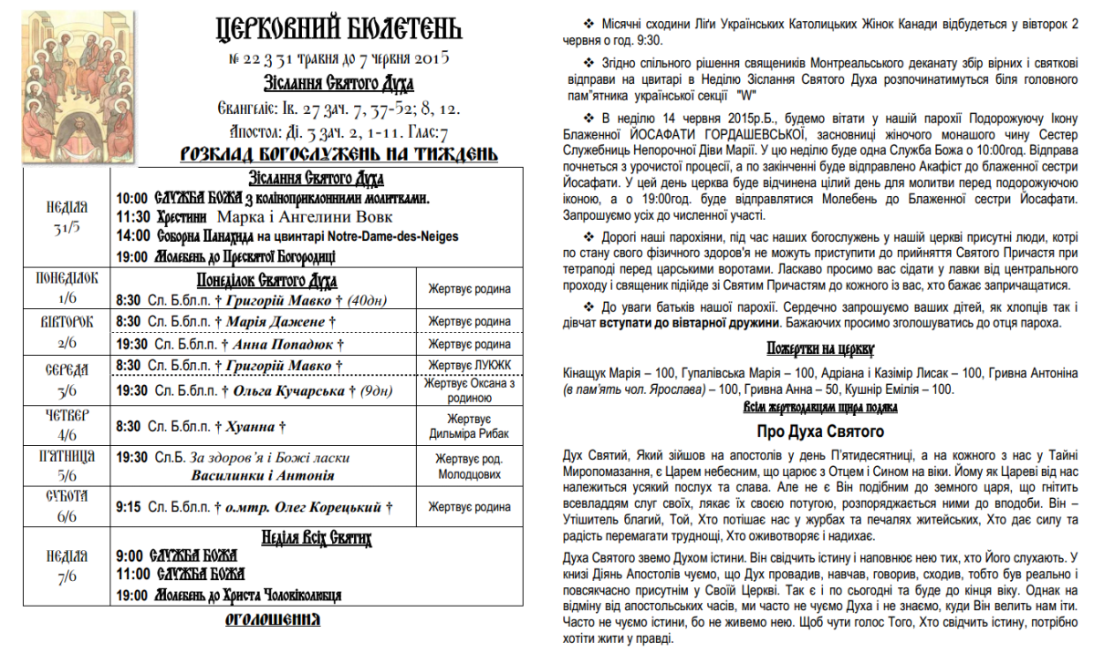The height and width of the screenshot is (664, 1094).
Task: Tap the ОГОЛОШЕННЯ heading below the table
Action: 273,621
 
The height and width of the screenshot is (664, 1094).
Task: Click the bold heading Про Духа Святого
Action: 819,431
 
